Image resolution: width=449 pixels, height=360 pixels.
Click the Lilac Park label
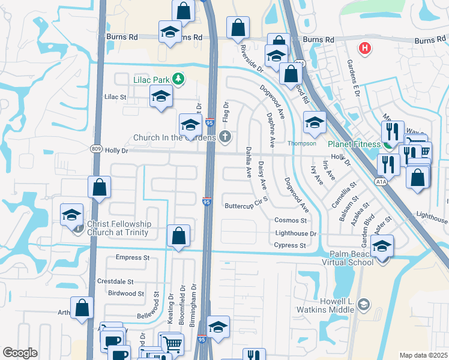[x=151, y=79]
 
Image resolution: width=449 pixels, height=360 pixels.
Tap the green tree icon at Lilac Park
[x=178, y=79]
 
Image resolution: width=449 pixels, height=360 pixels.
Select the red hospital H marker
[x=363, y=48]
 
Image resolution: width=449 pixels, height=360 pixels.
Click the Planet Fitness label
[x=354, y=144]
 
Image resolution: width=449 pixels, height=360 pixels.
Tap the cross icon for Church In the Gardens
[x=225, y=137]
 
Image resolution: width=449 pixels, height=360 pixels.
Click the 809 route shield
[x=97, y=150]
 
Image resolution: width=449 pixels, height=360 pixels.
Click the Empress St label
[x=132, y=257]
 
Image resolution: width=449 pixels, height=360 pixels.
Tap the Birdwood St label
[x=126, y=293]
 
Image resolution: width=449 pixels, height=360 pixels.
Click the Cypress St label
[x=289, y=245]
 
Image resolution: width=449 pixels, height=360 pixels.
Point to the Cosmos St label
[x=291, y=221]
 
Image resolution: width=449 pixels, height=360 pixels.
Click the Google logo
[x=20, y=353]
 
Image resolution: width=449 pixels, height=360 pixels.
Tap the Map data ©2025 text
[x=423, y=355]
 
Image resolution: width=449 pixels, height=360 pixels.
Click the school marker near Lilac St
[x=160, y=97]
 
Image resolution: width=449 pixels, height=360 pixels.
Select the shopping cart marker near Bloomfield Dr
[x=173, y=344]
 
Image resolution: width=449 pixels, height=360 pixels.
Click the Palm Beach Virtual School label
[x=355, y=257]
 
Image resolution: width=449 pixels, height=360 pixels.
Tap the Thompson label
[x=301, y=143]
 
